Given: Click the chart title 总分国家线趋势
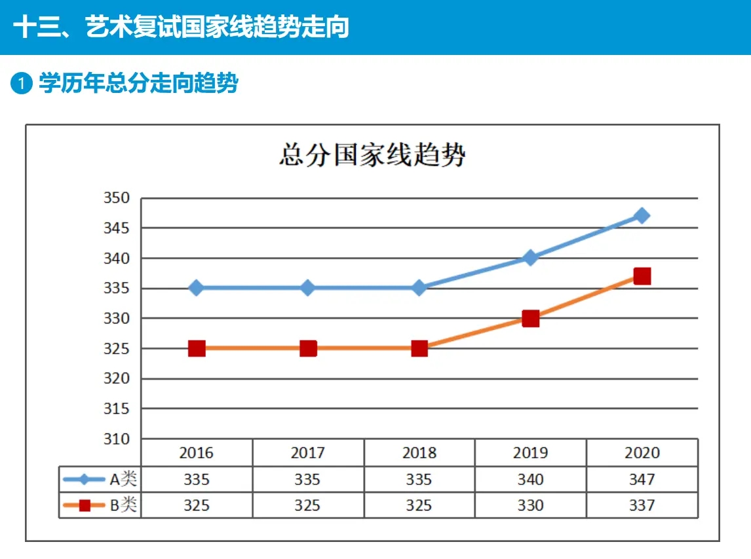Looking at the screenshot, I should pyautogui.click(x=372, y=156).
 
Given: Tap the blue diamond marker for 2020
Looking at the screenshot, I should pyautogui.click(x=642, y=216).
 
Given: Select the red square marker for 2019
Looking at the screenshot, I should pyautogui.click(x=531, y=319).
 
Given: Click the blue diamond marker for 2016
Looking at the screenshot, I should pyautogui.click(x=197, y=288).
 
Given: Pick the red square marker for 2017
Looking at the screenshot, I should pyautogui.click(x=308, y=348).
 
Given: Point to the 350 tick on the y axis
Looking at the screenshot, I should pyautogui.click(x=117, y=198).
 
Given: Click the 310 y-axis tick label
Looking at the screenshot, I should pyautogui.click(x=117, y=439).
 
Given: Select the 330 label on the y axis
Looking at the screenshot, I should pyautogui.click(x=117, y=318).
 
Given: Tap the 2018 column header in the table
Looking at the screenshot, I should pyautogui.click(x=419, y=453).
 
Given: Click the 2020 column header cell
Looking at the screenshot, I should pyautogui.click(x=642, y=453).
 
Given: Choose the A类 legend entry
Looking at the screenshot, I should pyautogui.click(x=100, y=479).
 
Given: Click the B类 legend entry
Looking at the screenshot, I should pyautogui.click(x=100, y=505).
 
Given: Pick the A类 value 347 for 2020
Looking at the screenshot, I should pyautogui.click(x=642, y=480).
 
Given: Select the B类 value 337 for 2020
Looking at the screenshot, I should pyautogui.click(x=642, y=506).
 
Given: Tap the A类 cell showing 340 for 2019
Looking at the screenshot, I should pyautogui.click(x=531, y=480).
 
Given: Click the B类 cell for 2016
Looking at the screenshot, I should pyautogui.click(x=197, y=506).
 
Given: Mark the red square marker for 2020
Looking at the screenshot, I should pyautogui.click(x=642, y=276).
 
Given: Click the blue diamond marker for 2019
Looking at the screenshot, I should pyautogui.click(x=531, y=258).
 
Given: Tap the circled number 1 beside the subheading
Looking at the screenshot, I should pyautogui.click(x=22, y=84).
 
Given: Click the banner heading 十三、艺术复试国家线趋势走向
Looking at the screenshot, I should pyautogui.click(x=181, y=27).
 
